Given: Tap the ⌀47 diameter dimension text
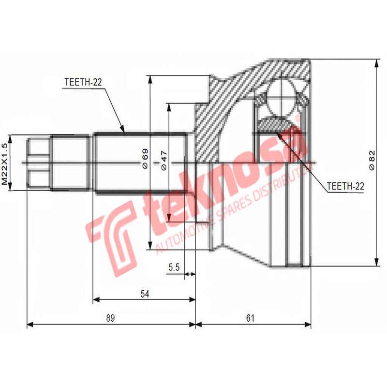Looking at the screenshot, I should point(164,160).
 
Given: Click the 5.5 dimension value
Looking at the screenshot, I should point(174,267).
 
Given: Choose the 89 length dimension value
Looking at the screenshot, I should point(111,318).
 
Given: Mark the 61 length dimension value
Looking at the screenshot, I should point(250,318).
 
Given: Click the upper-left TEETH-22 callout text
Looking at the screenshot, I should point(82,82).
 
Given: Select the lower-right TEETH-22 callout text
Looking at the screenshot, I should point(345,185).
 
